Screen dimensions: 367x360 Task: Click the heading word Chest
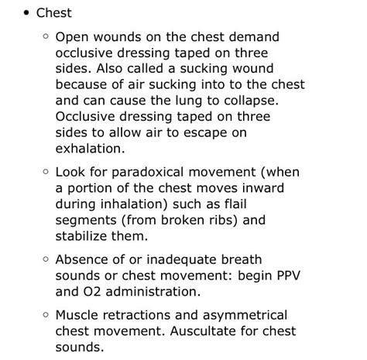coord(53,13)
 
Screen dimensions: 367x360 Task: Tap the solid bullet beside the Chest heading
coord(27,13)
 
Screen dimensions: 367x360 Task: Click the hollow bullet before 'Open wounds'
coord(45,36)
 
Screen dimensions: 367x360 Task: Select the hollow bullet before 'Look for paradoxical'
coord(45,172)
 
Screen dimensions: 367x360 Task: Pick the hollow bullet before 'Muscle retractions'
coord(45,315)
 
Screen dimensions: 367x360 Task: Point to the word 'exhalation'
coord(89,149)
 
